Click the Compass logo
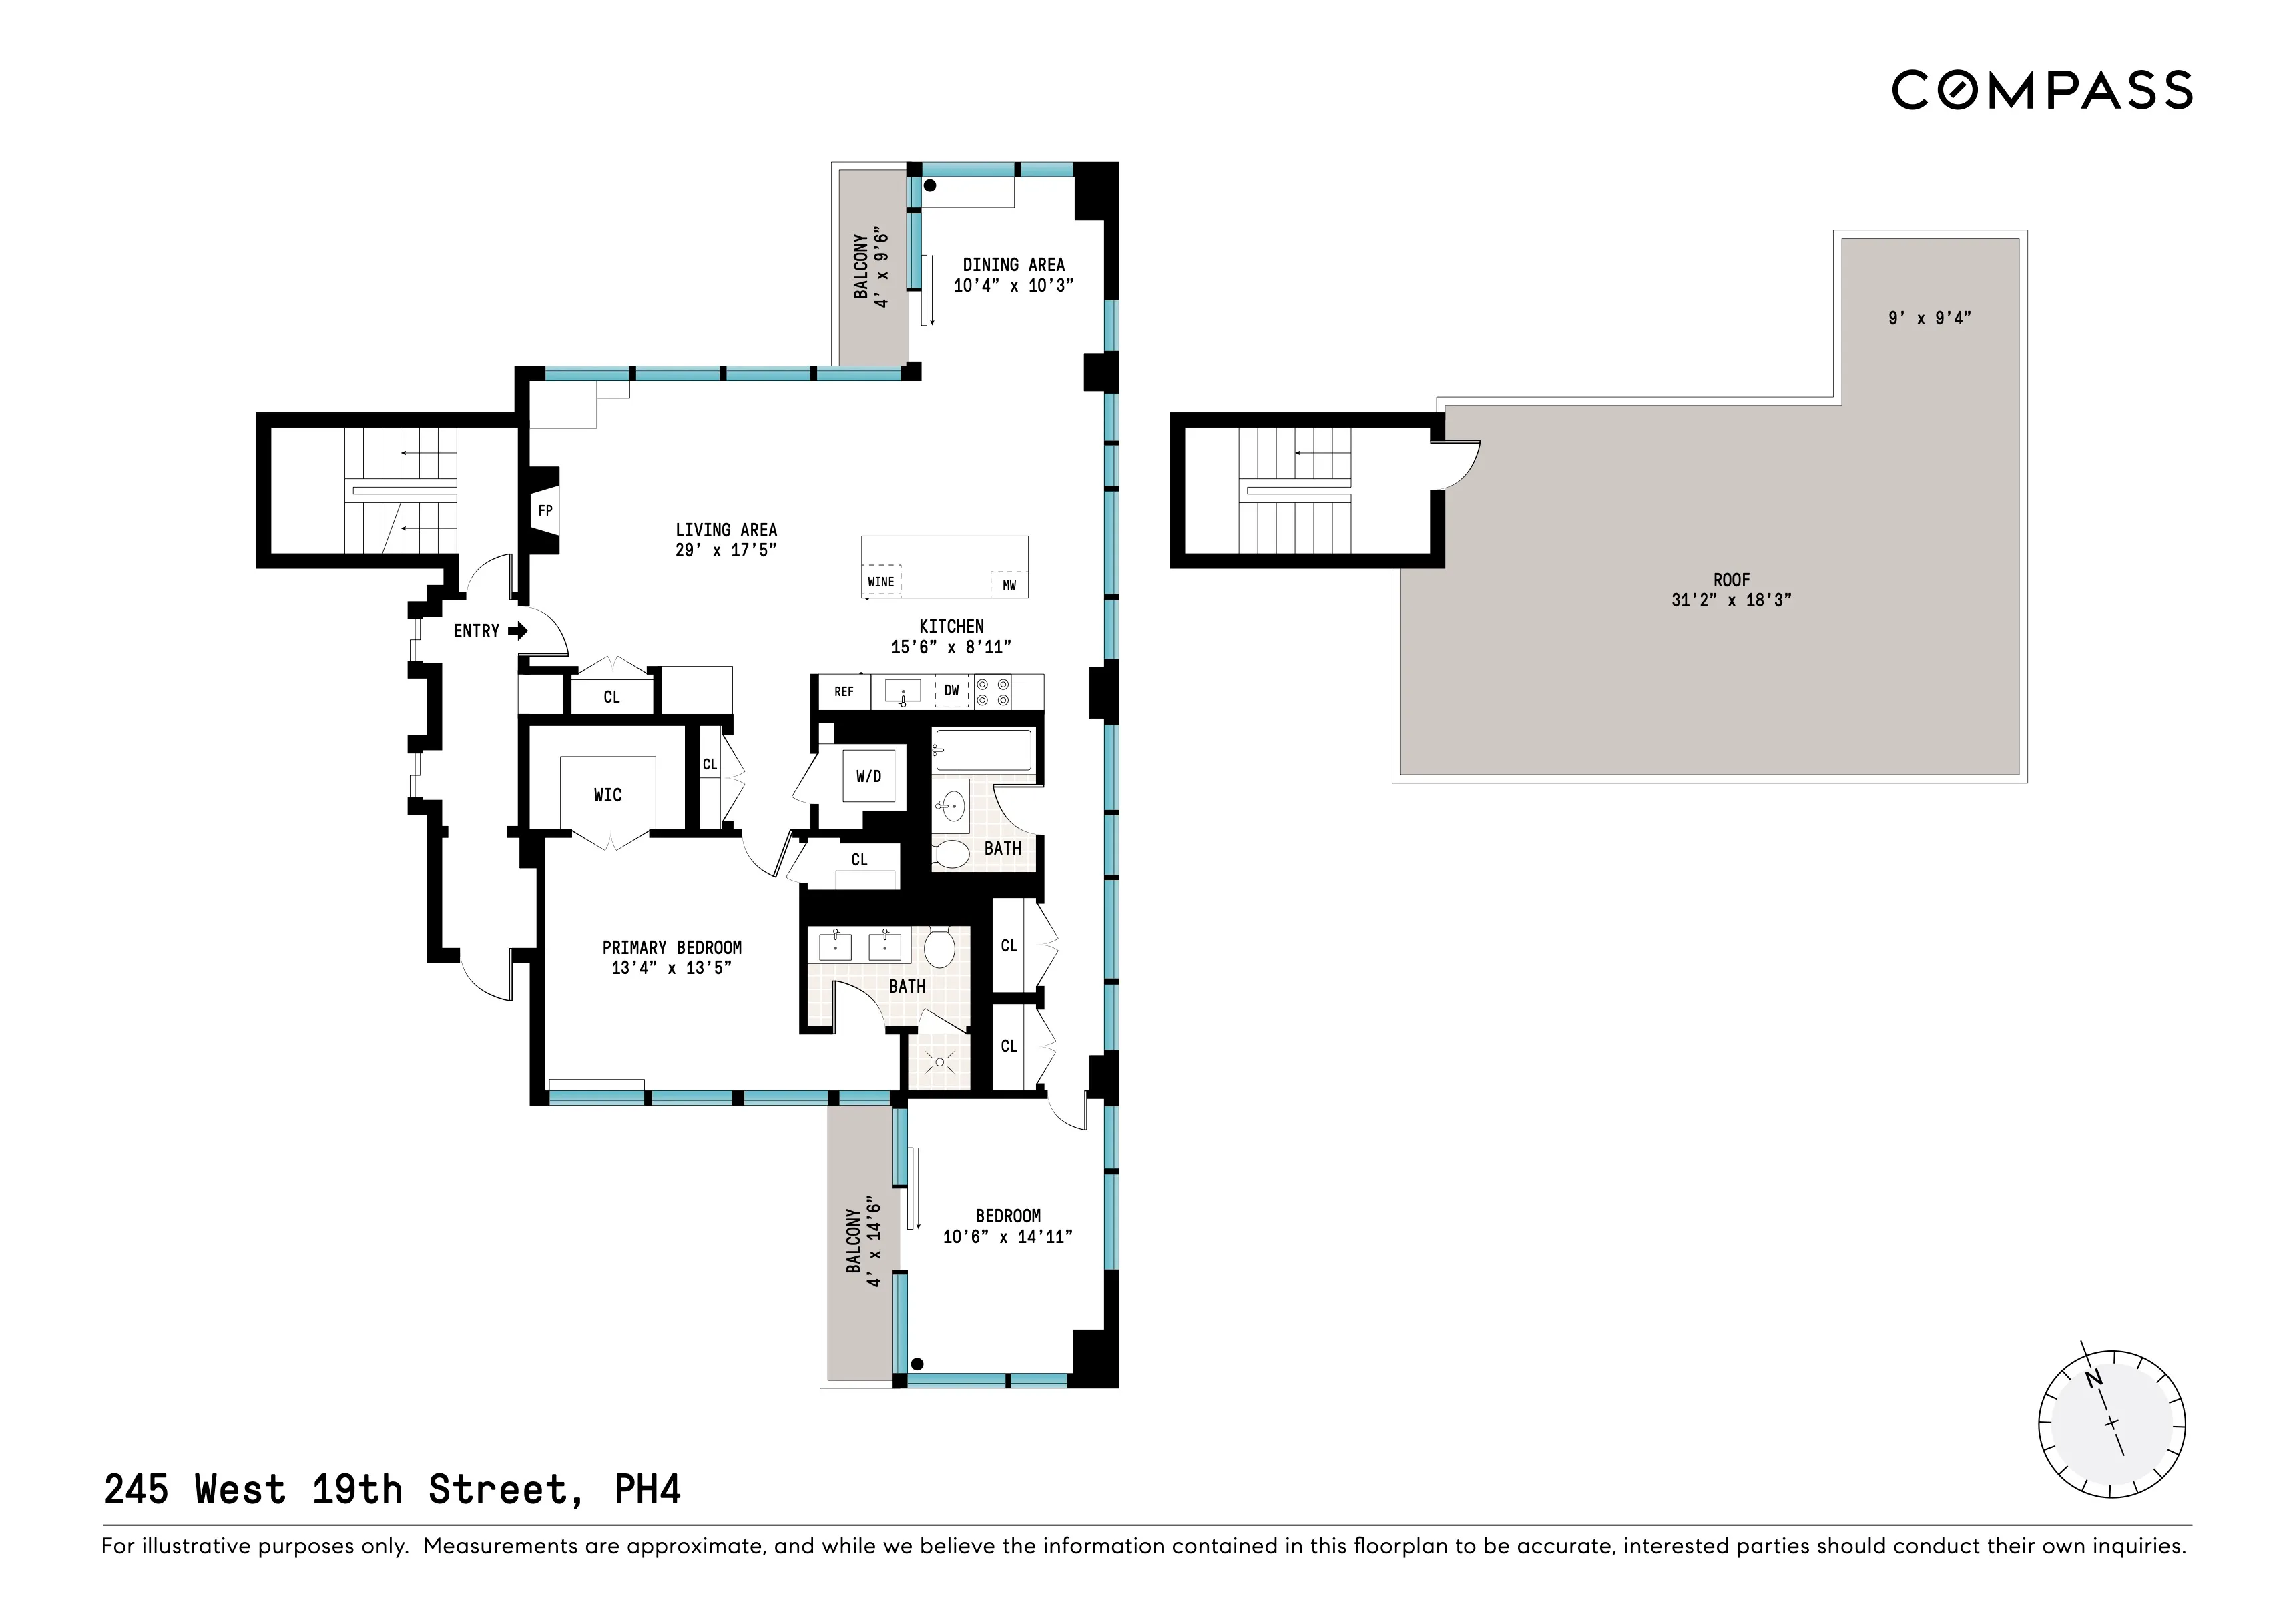2041,90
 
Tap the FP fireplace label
545,510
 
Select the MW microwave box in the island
1009,584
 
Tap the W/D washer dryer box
868,777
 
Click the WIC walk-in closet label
607,795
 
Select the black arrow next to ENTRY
518,631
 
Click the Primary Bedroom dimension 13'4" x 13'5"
672,967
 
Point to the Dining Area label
1013,265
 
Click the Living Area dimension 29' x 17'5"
726,550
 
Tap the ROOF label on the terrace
1731,580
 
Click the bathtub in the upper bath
983,749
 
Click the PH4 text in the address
647,1489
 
